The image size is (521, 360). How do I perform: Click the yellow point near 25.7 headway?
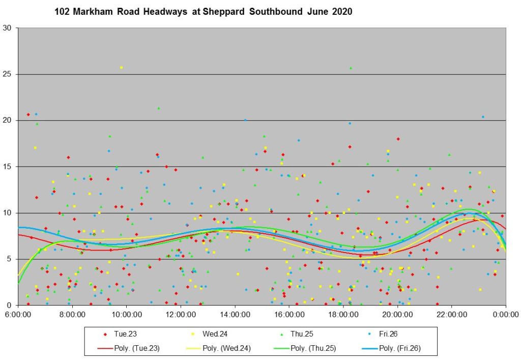(121, 67)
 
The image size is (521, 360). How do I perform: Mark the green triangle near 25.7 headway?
(351, 67)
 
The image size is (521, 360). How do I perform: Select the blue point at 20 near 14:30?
(245, 120)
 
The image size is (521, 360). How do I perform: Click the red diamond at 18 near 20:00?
(398, 139)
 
